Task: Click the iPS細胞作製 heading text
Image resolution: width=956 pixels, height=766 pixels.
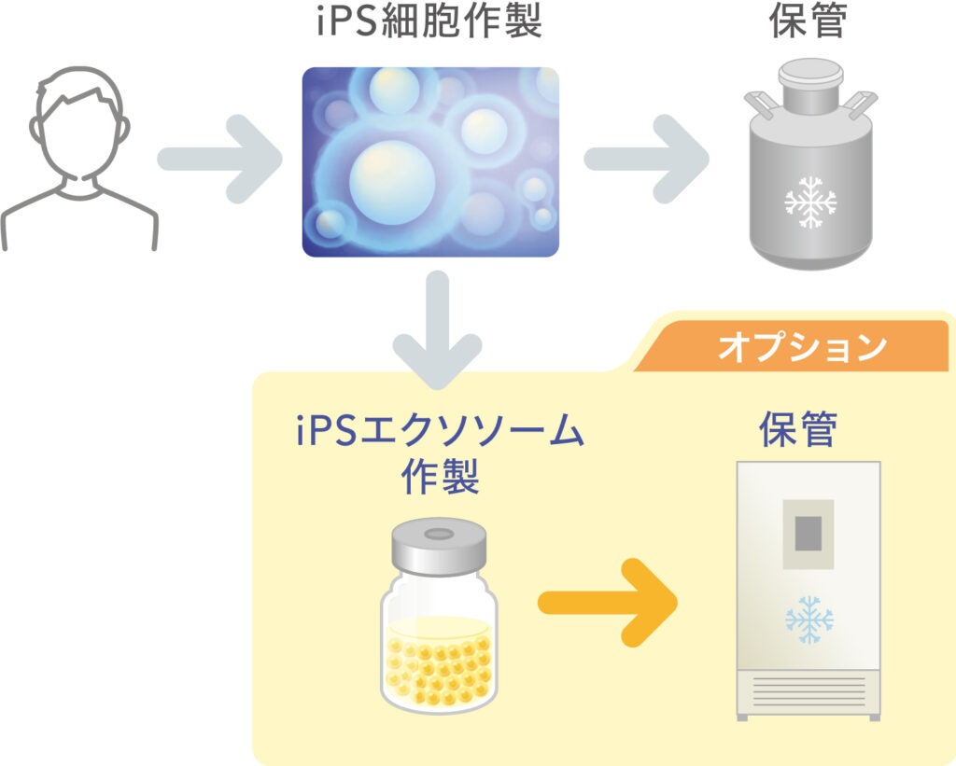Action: (x=429, y=24)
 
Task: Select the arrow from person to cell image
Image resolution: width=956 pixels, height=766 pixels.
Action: (x=220, y=159)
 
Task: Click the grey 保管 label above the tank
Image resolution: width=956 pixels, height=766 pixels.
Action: (x=808, y=24)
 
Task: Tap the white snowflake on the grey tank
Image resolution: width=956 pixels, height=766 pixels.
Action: (x=809, y=202)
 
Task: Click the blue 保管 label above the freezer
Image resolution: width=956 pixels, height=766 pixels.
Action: (x=797, y=432)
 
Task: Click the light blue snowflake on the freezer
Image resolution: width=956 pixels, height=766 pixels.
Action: (x=808, y=619)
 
